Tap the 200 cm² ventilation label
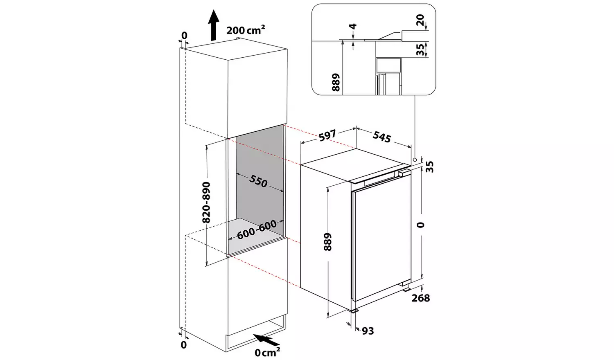[246, 30]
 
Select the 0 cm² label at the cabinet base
[267, 352]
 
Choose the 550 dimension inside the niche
[258, 181]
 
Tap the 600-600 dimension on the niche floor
[257, 229]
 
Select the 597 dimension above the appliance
[327, 135]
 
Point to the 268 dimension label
[421, 298]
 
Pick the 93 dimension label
[368, 331]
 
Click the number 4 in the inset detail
[354, 26]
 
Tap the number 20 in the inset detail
[420, 20]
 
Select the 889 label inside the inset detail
[336, 82]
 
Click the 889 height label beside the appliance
[327, 242]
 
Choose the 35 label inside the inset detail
[420, 49]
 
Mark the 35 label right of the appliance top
[430, 167]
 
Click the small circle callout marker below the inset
[415, 160]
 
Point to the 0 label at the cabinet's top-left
[184, 35]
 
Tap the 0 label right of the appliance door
[420, 225]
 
